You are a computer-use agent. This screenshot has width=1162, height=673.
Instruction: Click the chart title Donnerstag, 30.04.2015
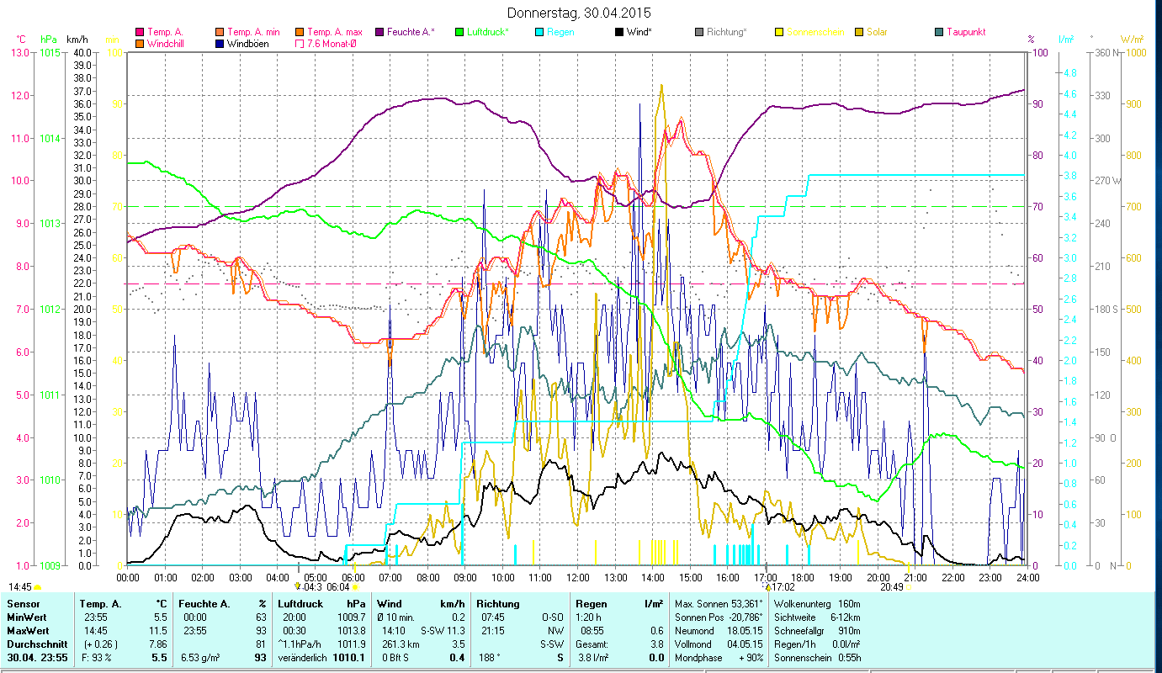[580, 13]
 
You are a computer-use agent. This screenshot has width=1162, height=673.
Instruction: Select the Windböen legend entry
[247, 43]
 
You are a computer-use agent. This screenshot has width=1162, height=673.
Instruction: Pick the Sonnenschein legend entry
[814, 32]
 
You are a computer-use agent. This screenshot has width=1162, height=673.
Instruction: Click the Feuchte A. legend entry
[410, 32]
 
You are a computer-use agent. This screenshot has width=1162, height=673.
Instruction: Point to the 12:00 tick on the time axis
[578, 578]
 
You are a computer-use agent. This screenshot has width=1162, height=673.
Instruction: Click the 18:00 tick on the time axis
[803, 578]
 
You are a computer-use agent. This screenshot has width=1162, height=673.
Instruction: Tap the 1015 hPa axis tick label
[50, 53]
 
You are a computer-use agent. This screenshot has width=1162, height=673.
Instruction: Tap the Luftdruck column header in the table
[300, 604]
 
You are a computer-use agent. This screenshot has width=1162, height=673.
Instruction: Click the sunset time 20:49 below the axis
[891, 587]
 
